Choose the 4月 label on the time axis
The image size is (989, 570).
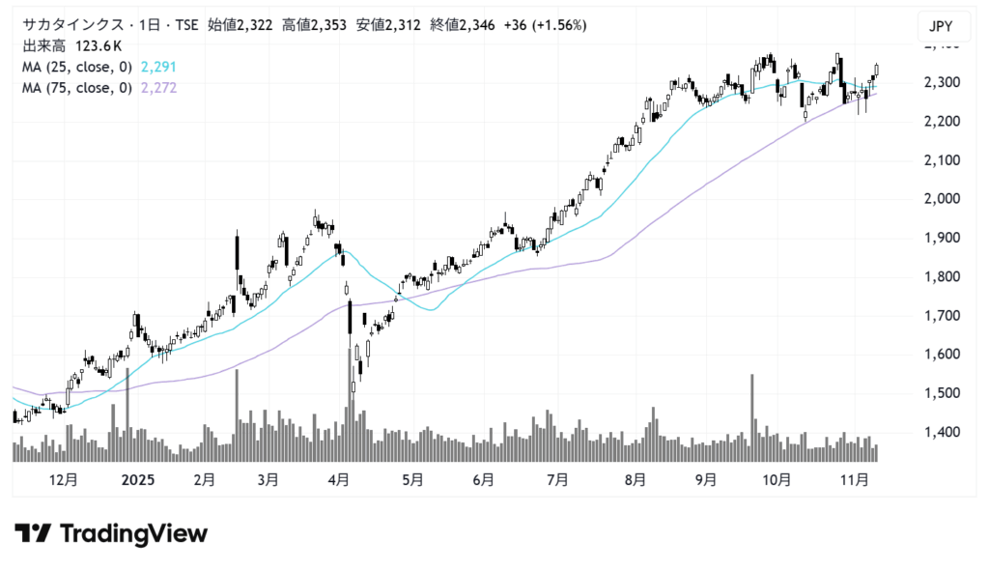[x=338, y=479]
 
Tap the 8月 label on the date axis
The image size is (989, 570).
[x=635, y=479]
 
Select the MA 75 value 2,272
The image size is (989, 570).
[x=158, y=88]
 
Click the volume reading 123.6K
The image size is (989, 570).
[x=94, y=46]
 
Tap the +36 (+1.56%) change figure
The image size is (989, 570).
[x=545, y=25]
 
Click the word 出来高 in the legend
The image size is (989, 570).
[x=42, y=46]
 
